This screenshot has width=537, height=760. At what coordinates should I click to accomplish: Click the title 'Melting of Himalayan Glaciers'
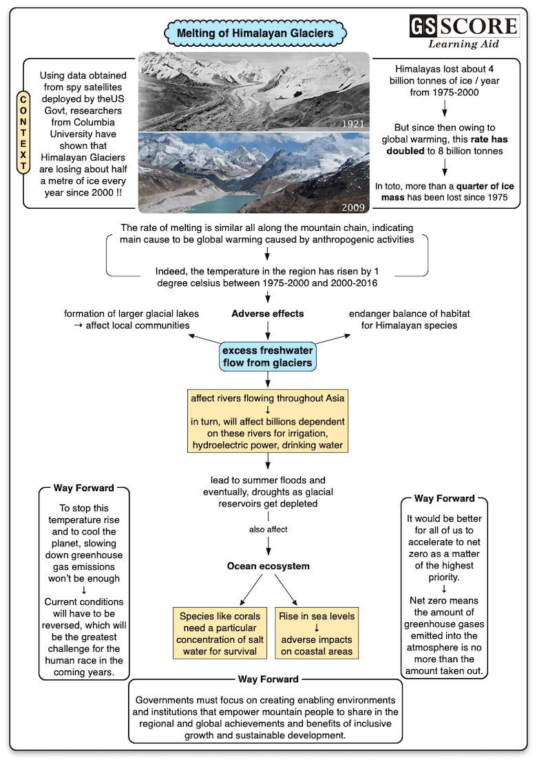pyautogui.click(x=255, y=32)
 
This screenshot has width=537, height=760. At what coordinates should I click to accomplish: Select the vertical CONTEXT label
pyautogui.click(x=23, y=133)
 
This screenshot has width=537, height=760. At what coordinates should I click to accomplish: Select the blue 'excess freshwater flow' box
pyautogui.click(x=268, y=358)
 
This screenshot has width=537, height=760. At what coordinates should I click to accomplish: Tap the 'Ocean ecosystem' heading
pyautogui.click(x=268, y=566)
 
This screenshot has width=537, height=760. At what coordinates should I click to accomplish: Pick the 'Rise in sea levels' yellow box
pyautogui.click(x=317, y=632)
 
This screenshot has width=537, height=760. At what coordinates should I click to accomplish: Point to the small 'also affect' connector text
pyautogui.click(x=268, y=529)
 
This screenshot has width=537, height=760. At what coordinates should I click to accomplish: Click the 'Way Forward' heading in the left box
pyautogui.click(x=83, y=488)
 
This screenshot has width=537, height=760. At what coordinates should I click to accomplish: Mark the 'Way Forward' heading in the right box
pyautogui.click(x=444, y=498)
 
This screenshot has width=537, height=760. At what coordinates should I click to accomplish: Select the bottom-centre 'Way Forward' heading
pyautogui.click(x=268, y=679)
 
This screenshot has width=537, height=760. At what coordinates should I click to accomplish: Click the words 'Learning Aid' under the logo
pyautogui.click(x=463, y=44)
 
